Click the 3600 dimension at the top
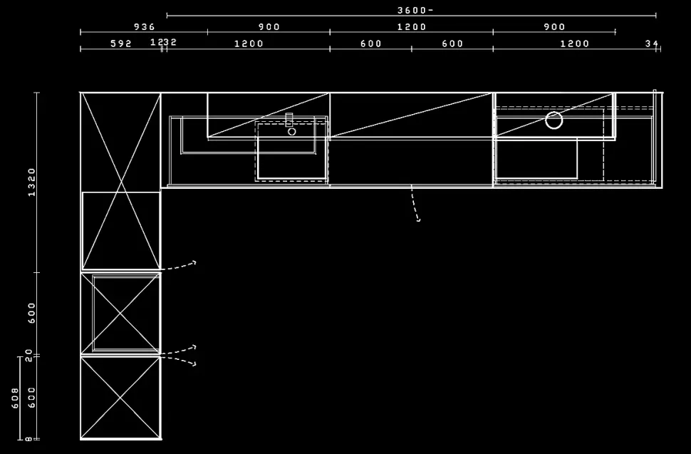415,10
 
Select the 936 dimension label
144,27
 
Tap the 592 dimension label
121,43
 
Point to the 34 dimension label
652,43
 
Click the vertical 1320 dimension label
32,182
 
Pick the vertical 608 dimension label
15,398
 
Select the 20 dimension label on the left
29,356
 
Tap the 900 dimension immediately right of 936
269,27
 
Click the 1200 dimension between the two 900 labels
411,27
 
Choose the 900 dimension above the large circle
554,27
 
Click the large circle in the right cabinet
554,120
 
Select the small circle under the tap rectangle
291,132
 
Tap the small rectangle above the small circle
289,120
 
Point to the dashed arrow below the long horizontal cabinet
415,207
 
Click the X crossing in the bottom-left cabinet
121,398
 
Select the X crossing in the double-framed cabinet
125,314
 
